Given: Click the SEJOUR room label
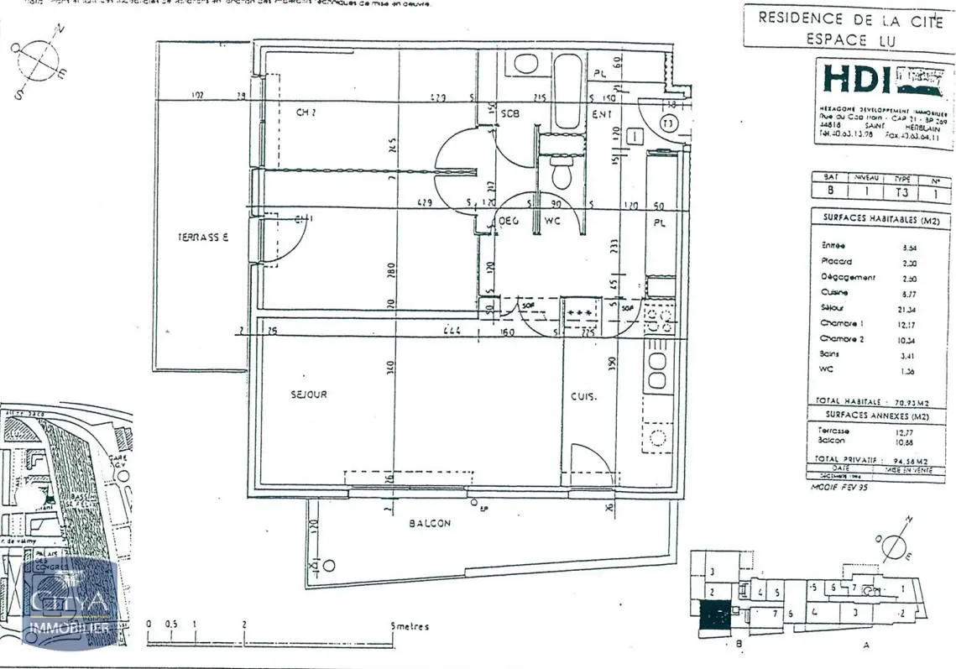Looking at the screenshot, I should [310, 394].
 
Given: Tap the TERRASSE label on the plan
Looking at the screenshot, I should [202, 237].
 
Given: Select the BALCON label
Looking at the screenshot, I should [430, 523].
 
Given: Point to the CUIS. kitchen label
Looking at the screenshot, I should [584, 397].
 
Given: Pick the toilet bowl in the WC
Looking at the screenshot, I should [561, 174].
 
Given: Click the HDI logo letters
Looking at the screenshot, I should [855, 79].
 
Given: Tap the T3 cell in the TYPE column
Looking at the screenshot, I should [902, 191].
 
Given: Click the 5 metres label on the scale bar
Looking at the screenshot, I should [410, 626].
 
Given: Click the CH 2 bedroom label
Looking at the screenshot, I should [306, 112].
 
